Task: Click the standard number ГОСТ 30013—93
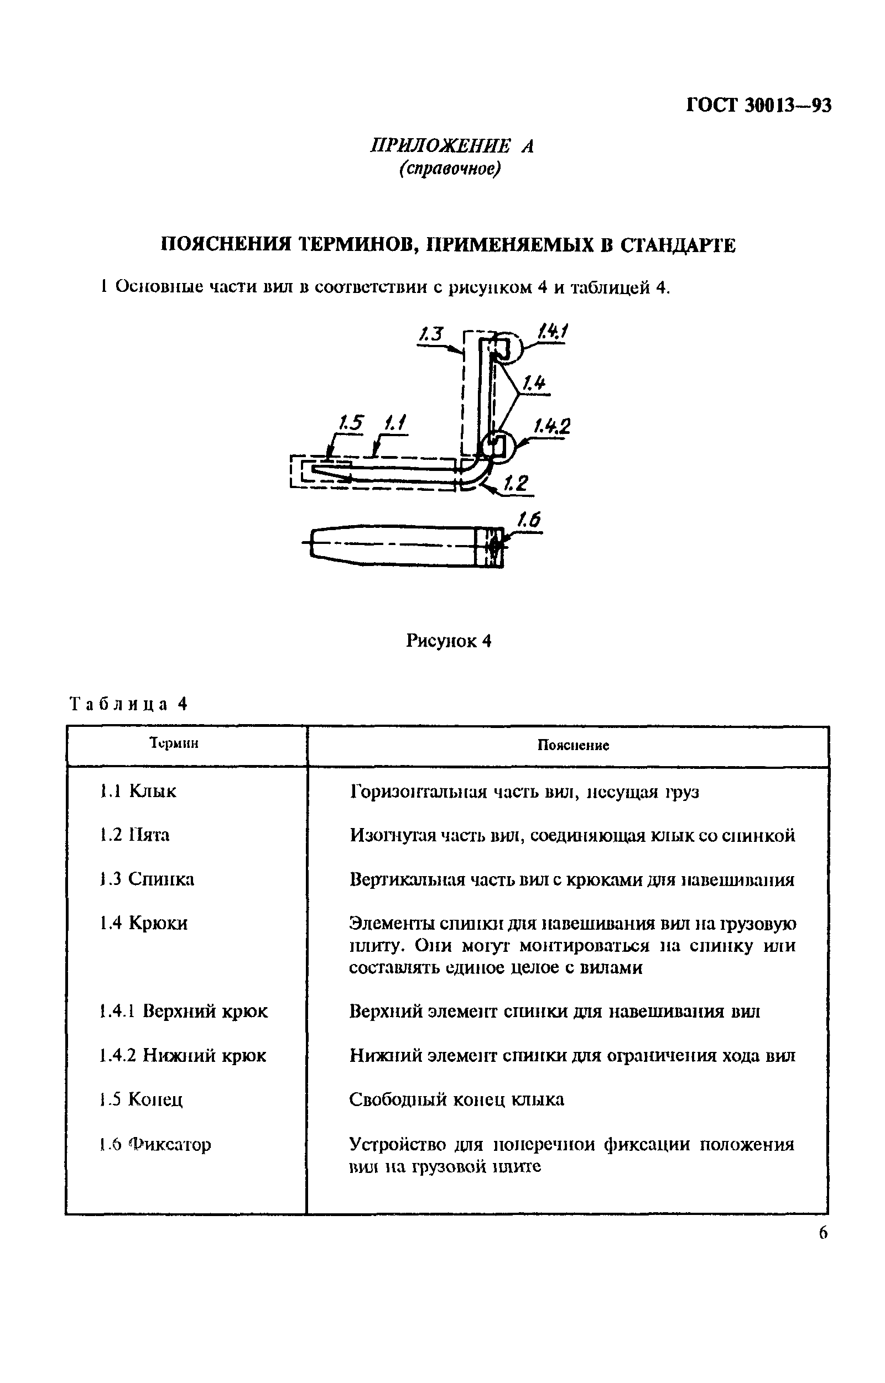coord(758,106)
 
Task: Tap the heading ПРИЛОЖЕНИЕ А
coord(452,146)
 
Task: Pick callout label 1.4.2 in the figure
coord(551,427)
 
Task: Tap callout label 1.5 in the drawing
coord(350,423)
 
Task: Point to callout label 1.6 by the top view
coord(529,520)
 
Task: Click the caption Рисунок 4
coord(449,641)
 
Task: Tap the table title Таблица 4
coord(129,704)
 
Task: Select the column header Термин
coord(174,743)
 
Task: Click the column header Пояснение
coord(573,746)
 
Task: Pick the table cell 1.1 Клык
coord(138,791)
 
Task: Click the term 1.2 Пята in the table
coord(134,835)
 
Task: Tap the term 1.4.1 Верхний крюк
coord(183,1011)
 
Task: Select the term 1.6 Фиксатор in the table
coord(155,1144)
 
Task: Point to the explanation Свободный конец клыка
coord(456,1099)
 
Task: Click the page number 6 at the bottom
coord(823,1233)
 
